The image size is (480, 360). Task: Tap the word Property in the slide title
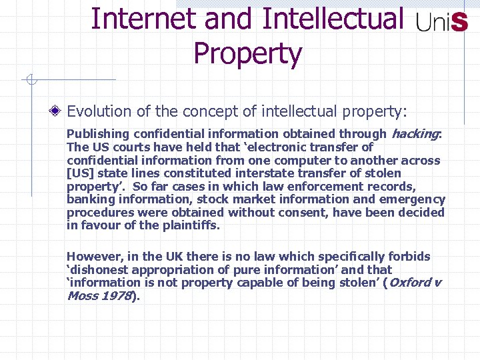tap(247, 53)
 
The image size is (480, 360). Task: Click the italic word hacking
tap(415, 134)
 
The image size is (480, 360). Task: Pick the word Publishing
tap(95, 134)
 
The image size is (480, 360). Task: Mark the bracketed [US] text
tap(79, 173)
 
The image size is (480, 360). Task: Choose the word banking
tap(89, 199)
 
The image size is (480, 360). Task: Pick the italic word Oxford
tap(410, 283)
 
